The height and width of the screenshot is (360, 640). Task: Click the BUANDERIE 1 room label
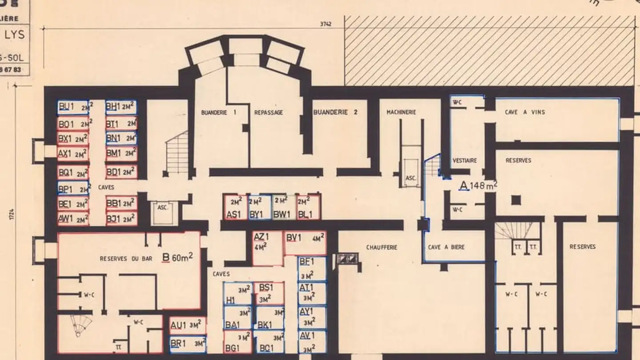(x=218, y=113)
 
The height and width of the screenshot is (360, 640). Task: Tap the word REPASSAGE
(x=268, y=113)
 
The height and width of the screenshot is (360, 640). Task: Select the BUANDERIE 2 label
(x=335, y=112)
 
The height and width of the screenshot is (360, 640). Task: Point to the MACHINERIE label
(x=401, y=112)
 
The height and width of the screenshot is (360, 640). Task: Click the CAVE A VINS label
(x=524, y=112)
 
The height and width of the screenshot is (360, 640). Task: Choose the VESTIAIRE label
(x=464, y=160)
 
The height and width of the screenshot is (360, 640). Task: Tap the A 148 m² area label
(x=478, y=186)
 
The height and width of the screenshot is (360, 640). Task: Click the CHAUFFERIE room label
(x=381, y=247)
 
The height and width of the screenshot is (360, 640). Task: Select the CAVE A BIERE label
(x=446, y=247)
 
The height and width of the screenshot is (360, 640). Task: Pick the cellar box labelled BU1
(x=73, y=107)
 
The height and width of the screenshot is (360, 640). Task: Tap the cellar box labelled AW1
(x=73, y=218)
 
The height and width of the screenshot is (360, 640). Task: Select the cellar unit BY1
(x=260, y=207)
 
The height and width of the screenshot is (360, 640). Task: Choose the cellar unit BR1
(x=188, y=344)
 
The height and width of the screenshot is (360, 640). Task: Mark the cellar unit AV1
(x=312, y=341)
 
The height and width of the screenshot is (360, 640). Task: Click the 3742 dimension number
(x=326, y=24)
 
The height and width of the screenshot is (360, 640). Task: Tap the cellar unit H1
(x=237, y=294)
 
